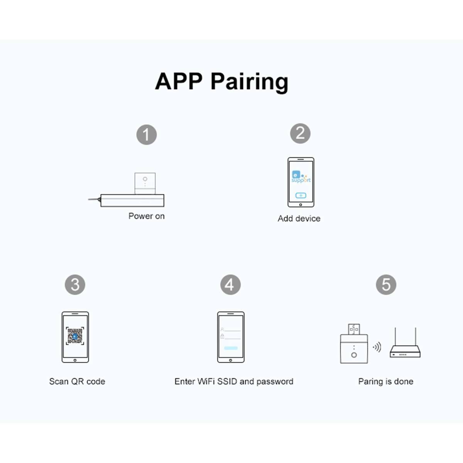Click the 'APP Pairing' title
[221, 82]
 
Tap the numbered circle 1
[147, 135]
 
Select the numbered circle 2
[300, 133]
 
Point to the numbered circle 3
[75, 285]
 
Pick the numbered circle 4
[230, 285]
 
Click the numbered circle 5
[386, 285]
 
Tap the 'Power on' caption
[147, 216]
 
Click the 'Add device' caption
[299, 218]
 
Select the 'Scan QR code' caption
[77, 382]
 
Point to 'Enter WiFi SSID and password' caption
[234, 382]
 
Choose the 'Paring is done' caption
[386, 382]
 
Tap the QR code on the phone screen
[75, 336]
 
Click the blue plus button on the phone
[301, 195]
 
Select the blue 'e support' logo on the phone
[301, 177]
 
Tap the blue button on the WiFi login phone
[231, 348]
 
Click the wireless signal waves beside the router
[377, 347]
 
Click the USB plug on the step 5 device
[354, 329]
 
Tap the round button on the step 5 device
[354, 355]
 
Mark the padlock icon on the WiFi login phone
[222, 336]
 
